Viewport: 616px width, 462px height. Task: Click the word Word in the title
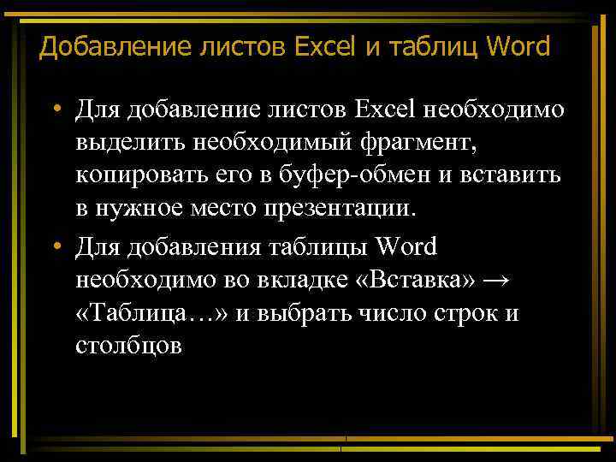tap(518, 46)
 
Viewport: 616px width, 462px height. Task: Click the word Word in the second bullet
tap(406, 247)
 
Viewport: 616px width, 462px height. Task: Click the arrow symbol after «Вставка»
tap(502, 281)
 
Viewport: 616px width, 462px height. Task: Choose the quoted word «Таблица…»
tap(151, 314)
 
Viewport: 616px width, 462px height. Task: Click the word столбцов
tap(128, 347)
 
